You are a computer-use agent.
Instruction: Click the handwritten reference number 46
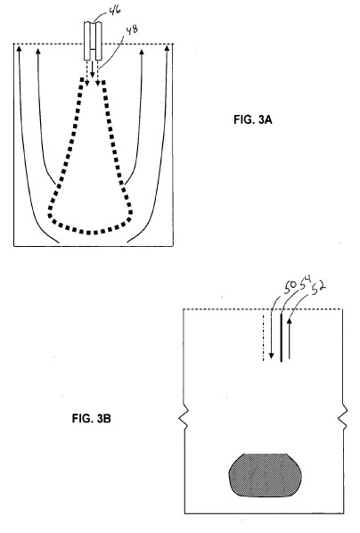pos(115,11)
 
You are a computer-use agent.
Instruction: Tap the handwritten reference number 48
pos(132,30)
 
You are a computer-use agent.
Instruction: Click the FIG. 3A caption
pos(253,119)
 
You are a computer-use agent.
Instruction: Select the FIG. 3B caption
pos(92,418)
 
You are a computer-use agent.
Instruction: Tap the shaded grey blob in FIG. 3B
pos(266,475)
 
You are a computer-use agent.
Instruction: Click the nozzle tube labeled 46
pos(94,42)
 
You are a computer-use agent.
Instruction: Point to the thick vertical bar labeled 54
pos(281,338)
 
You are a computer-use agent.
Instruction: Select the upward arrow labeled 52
pos(290,339)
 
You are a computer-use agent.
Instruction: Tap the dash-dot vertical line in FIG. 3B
pos(264,338)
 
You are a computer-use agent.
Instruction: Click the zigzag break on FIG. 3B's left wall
pos(184,417)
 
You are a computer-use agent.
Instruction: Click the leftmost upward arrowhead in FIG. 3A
pos(19,48)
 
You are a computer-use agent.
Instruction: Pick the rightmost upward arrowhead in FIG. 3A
pos(167,48)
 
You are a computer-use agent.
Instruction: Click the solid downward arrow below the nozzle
pos(93,70)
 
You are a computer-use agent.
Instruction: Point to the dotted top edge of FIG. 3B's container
pos(263,309)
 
